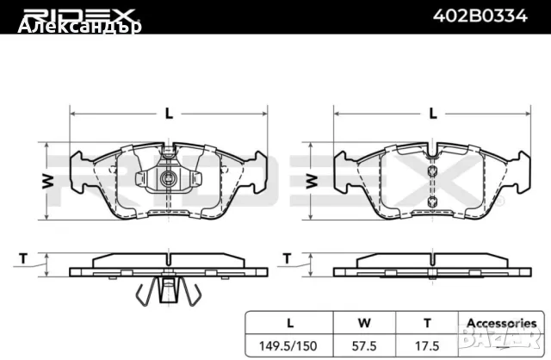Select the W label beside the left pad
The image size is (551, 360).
click(48, 180)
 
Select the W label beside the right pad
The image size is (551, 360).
click(312, 180)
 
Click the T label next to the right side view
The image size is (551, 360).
click(288, 258)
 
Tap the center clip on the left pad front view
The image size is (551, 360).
click(170, 179)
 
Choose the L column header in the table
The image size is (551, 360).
click(290, 323)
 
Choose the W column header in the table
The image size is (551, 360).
click(364, 323)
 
